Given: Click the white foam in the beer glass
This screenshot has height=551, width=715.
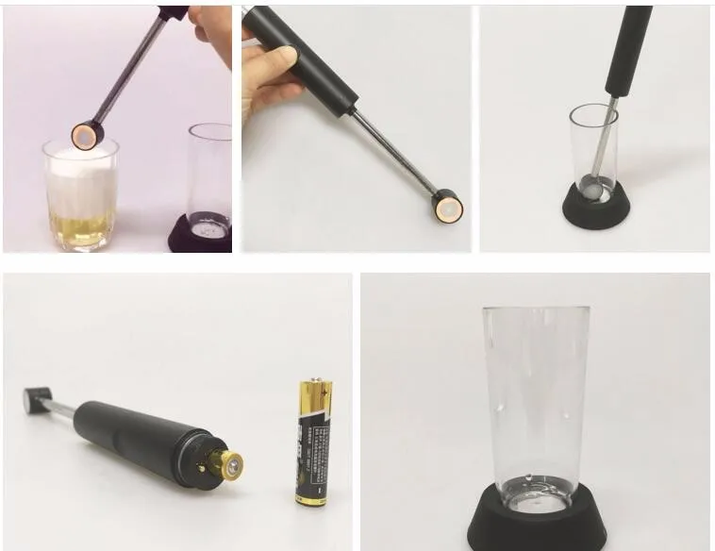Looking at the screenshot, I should coord(80,179).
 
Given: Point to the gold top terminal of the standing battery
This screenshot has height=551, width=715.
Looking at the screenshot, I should coord(314,386).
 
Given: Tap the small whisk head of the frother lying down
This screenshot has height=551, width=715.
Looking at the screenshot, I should coord(35,398).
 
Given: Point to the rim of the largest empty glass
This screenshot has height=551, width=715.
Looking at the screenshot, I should coord(536,310).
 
